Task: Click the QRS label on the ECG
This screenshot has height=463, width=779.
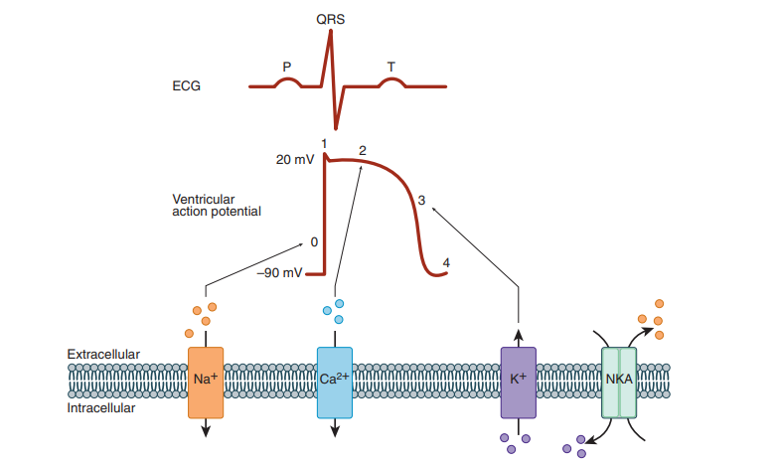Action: (x=331, y=19)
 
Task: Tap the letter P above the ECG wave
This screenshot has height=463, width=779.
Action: (x=287, y=67)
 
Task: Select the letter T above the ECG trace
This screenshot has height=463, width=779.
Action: (x=391, y=67)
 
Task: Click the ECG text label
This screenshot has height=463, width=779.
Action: (x=186, y=86)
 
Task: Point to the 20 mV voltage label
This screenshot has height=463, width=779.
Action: (x=295, y=159)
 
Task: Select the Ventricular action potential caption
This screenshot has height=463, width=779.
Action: (x=217, y=205)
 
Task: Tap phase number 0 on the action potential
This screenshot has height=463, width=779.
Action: (x=314, y=241)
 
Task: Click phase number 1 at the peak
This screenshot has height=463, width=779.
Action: (x=324, y=145)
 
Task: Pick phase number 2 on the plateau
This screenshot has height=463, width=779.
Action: (x=363, y=151)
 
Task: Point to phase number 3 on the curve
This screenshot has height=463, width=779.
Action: (x=421, y=200)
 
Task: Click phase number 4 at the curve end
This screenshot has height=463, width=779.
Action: (x=446, y=263)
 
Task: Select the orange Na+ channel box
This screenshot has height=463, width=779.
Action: (x=206, y=382)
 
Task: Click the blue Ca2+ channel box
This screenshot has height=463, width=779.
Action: (x=335, y=382)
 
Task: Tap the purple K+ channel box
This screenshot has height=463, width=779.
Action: (x=518, y=382)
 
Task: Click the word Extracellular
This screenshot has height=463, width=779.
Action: (x=103, y=355)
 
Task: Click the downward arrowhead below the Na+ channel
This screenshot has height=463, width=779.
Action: (x=206, y=429)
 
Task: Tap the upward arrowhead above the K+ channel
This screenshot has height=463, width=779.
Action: (x=518, y=334)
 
